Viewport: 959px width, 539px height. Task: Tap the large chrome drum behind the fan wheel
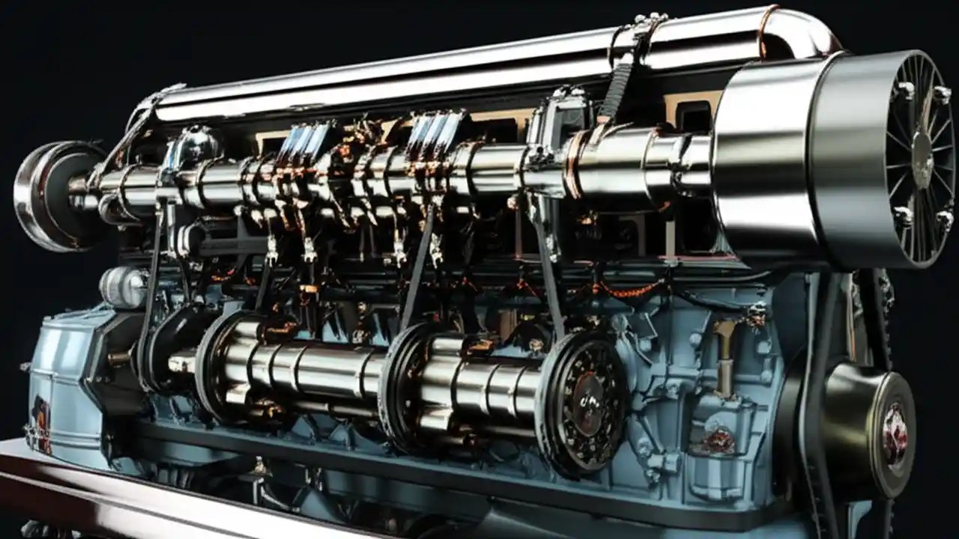click(x=772, y=161)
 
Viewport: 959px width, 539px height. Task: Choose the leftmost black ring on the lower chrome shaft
click(x=214, y=363)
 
